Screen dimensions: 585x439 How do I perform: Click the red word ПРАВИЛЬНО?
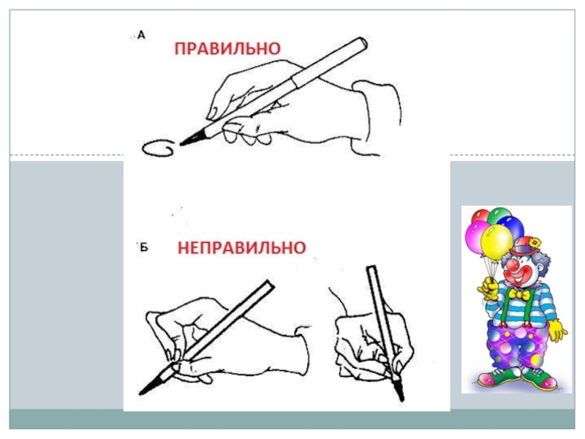click(227, 48)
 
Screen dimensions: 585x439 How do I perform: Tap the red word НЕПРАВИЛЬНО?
click(242, 248)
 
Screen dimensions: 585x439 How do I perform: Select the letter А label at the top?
click(141, 35)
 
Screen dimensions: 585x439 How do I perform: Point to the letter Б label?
click(144, 247)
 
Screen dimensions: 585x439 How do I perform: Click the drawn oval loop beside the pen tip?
click(158, 148)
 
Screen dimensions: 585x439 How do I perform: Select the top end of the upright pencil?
click(371, 267)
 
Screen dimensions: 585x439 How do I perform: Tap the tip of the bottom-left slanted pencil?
click(140, 394)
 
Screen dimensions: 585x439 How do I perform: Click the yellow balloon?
click(497, 242)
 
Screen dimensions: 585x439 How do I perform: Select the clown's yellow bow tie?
click(519, 295)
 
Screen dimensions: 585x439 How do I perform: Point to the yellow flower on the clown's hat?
click(535, 244)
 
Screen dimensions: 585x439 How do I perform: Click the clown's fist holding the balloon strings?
click(488, 288)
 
